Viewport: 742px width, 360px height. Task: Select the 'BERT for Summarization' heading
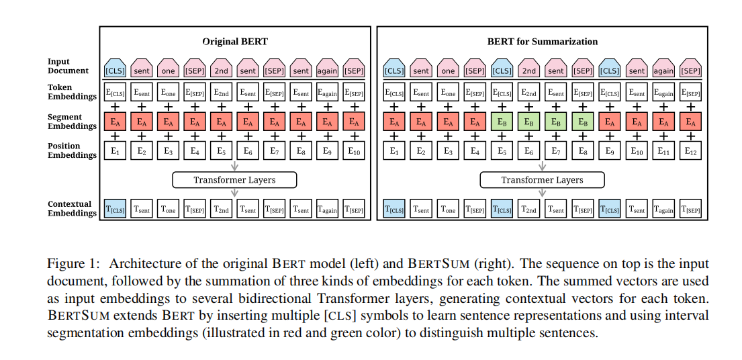click(542, 42)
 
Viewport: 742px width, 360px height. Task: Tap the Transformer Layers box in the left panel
click(234, 180)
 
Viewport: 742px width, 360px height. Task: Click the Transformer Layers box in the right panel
click(542, 180)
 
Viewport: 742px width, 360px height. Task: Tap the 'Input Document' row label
click(68, 66)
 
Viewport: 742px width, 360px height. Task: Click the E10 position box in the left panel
click(354, 152)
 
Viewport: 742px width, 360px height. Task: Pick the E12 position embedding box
click(690, 152)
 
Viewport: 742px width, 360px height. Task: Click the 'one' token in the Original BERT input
click(168, 70)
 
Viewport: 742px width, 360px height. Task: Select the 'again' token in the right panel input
click(663, 70)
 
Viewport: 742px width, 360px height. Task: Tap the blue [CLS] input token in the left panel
click(115, 70)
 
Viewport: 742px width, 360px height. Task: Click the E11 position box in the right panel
click(663, 152)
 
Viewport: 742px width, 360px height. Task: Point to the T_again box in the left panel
click(328, 210)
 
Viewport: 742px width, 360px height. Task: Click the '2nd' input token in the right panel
click(529, 70)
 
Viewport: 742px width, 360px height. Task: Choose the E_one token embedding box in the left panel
click(168, 93)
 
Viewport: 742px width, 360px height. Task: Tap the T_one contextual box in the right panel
click(448, 210)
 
